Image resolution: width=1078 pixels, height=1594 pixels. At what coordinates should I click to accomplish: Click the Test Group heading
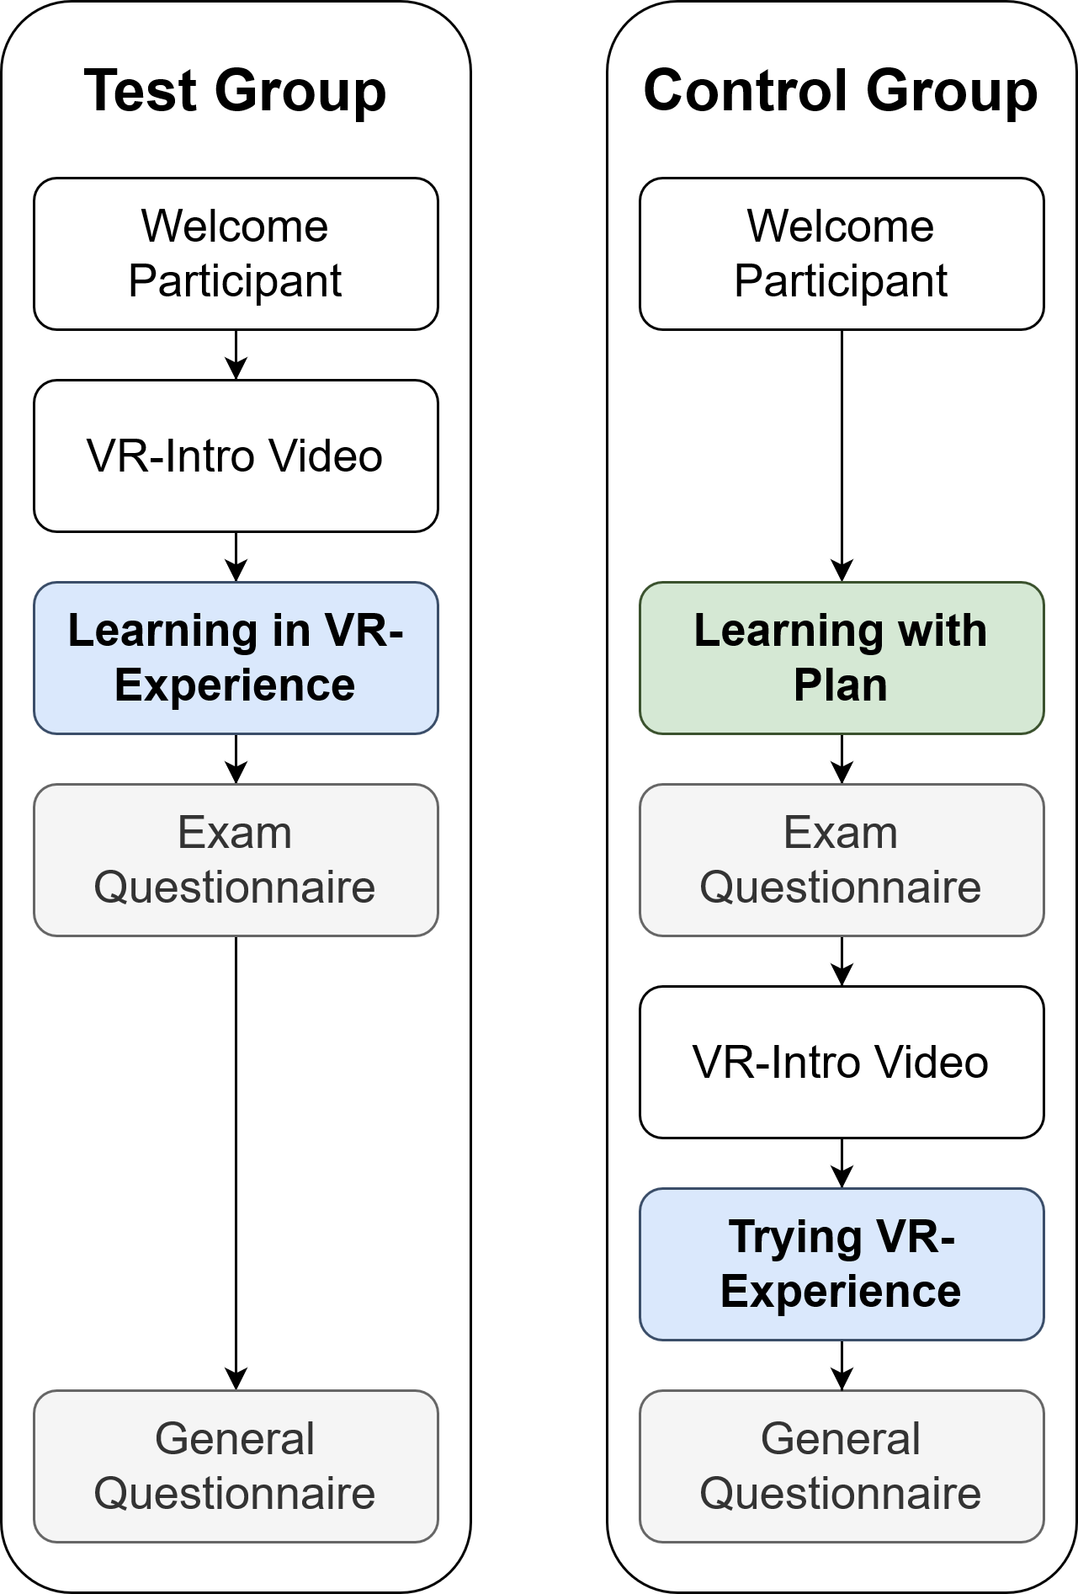tap(235, 91)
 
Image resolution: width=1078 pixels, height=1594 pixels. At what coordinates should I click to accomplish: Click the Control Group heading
tap(840, 91)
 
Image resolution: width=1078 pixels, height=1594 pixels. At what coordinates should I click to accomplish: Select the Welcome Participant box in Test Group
tap(236, 253)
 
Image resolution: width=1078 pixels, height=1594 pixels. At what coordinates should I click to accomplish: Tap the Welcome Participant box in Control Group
tap(842, 253)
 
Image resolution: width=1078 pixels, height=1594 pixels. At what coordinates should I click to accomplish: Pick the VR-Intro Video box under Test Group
tap(236, 456)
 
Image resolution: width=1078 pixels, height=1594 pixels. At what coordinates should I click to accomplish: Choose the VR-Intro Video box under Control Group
tap(842, 1062)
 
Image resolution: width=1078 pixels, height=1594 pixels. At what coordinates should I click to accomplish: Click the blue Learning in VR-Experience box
tap(236, 658)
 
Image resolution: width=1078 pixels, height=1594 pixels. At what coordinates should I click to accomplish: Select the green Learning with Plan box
tap(842, 658)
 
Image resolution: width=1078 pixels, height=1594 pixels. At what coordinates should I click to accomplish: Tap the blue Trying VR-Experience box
tap(842, 1264)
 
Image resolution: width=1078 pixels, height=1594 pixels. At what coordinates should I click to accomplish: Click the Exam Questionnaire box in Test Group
tap(236, 860)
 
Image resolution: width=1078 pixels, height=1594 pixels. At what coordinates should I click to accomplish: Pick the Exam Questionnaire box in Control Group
tap(842, 860)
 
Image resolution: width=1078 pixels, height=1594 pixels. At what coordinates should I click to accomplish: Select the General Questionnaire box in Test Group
tap(236, 1466)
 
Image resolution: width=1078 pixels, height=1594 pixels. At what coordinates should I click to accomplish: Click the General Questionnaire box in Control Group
tap(842, 1466)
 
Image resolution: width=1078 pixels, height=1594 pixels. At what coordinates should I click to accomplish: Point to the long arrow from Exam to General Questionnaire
tap(236, 1162)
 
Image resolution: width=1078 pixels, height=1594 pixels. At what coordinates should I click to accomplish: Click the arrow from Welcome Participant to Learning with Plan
tap(842, 455)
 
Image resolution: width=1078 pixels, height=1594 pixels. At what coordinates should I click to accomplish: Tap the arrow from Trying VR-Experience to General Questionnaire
tap(842, 1365)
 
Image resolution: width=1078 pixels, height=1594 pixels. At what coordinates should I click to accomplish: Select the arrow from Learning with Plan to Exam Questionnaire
tap(842, 759)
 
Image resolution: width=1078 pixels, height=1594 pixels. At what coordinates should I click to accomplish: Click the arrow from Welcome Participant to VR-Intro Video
tap(236, 355)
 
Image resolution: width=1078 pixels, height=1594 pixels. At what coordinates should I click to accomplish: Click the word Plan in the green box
tap(840, 685)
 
